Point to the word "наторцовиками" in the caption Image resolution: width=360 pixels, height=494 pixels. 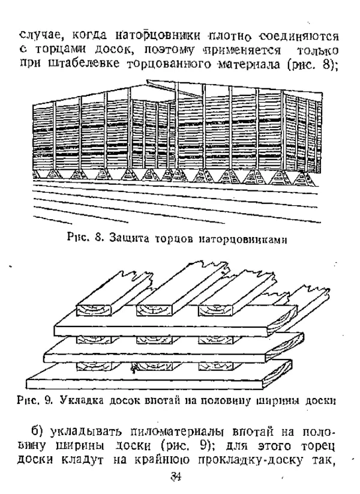point(245,239)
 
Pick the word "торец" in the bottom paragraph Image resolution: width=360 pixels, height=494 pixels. point(308,448)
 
